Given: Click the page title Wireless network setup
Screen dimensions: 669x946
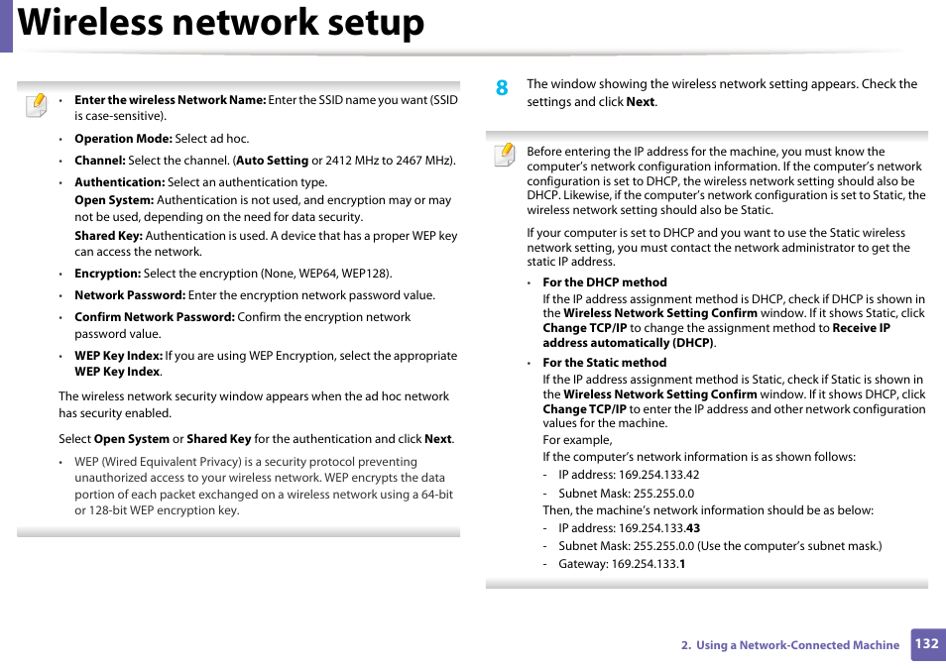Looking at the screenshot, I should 221,24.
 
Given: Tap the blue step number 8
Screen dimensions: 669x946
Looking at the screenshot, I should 502,88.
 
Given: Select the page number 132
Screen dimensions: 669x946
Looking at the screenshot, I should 926,644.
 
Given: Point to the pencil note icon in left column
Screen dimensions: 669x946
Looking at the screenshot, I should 36,104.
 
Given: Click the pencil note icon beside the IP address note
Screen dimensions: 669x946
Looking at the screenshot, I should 505,155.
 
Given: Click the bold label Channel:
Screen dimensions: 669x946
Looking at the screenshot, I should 100,161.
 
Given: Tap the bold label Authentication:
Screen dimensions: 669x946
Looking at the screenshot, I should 119,182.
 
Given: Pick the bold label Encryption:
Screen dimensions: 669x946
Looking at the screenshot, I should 107,274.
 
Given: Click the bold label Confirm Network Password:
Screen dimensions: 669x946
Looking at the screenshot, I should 154,317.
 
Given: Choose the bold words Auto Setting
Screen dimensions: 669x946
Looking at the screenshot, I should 272,161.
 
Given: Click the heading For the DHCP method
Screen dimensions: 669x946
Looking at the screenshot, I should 604,282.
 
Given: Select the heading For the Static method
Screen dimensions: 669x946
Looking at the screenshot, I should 604,363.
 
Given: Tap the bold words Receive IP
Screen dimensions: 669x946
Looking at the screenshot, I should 861,328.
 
